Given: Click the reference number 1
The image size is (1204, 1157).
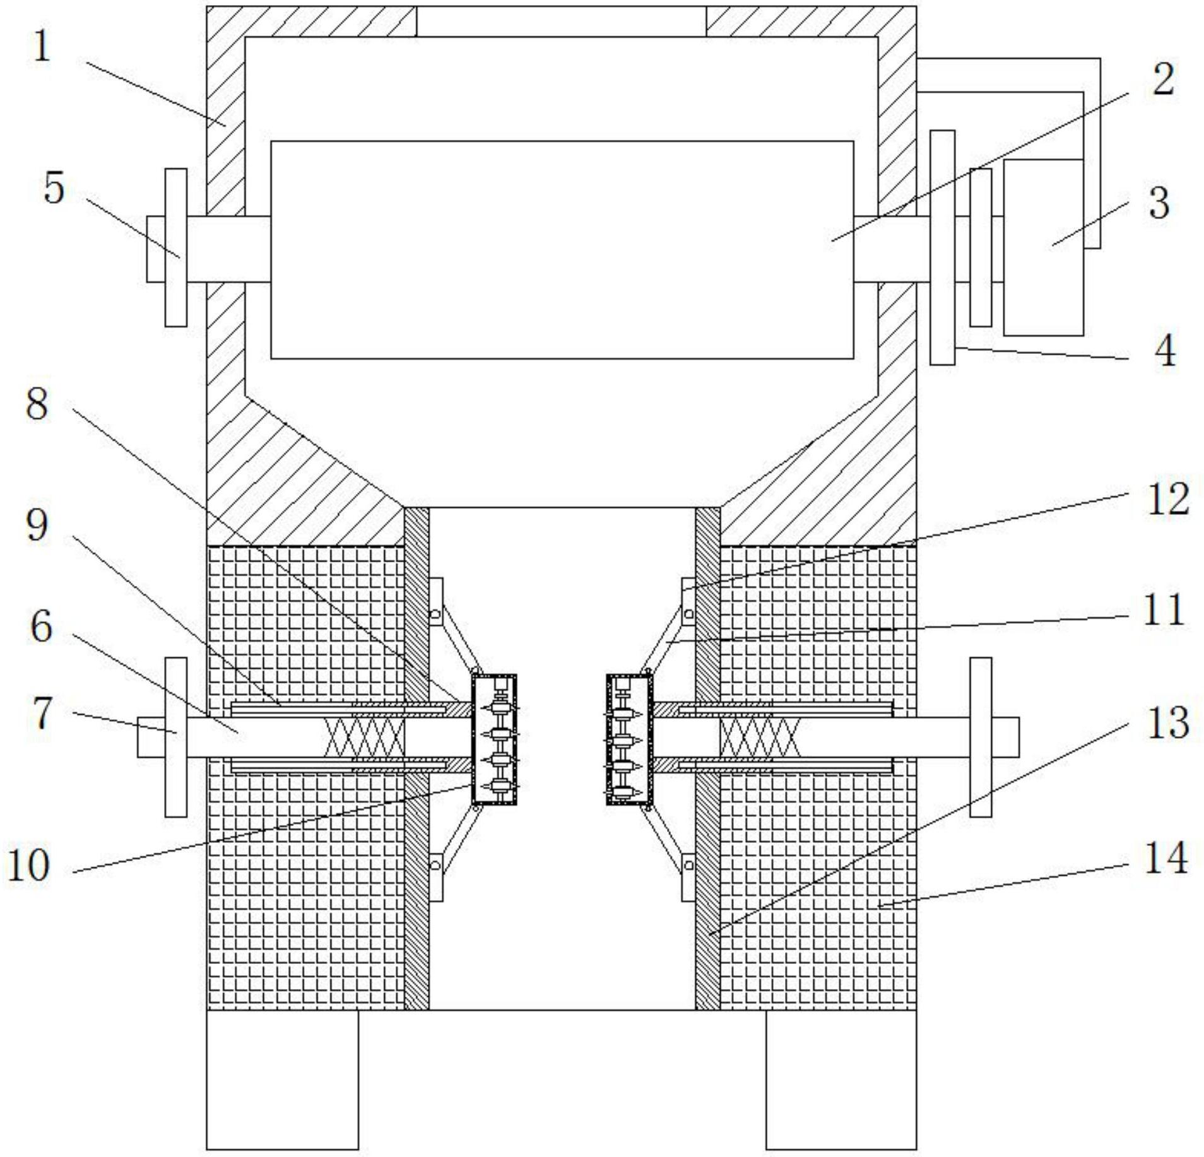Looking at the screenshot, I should pos(42,47).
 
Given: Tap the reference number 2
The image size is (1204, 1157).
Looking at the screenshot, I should pos(1163,80).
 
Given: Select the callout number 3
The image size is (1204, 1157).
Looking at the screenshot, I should pos(1159,203).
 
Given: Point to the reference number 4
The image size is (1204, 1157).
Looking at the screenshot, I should pos(1165,351).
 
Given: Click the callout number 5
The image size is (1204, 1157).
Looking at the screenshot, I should pos(54,188).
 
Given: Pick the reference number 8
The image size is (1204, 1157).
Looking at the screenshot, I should pos(37,404).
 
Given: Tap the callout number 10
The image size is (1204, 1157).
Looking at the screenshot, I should pos(28,866).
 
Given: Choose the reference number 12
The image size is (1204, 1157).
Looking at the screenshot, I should pos(1168,499).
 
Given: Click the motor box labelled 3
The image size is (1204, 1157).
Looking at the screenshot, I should pos(1043,247).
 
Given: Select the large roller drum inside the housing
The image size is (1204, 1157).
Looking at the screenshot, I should pos(562,250).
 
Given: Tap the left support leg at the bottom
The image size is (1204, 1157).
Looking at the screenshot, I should pos(282,1088).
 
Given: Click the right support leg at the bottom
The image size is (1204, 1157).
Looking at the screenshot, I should pos(841,1088).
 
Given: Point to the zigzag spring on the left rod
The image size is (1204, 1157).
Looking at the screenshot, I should pos(364,737).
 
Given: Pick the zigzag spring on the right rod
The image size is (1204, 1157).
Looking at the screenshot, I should pos(760,737).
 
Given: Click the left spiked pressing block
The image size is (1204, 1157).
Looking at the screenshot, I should pos(494,739).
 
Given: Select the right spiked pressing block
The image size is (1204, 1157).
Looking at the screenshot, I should pos(629,739).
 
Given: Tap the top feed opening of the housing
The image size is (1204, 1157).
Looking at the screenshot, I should pos(561,21).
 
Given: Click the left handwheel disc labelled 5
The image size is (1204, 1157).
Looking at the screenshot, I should pos(176,247).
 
